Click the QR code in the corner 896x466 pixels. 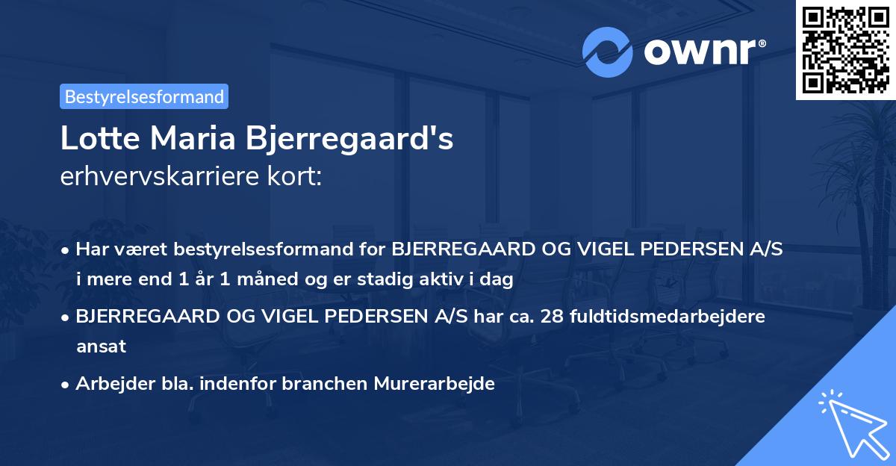click(x=846, y=50)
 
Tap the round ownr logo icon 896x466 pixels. click(x=608, y=52)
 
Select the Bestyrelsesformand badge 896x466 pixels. click(x=144, y=96)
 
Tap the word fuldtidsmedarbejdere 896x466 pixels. click(x=668, y=316)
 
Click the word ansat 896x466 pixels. click(x=101, y=347)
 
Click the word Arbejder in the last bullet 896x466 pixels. click(x=108, y=384)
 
